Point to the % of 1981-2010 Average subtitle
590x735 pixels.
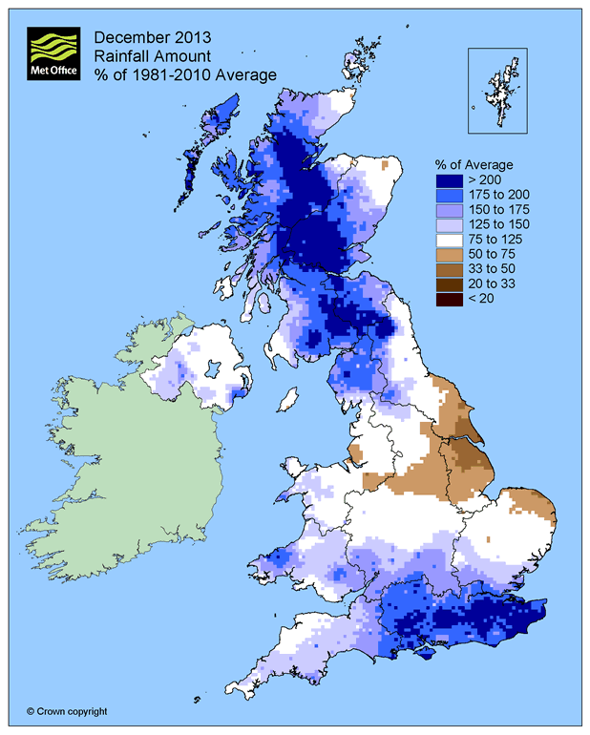click(x=184, y=74)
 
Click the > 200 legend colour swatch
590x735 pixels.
click(x=449, y=178)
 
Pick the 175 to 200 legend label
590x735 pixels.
click(x=495, y=194)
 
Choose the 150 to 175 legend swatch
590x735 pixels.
click(x=449, y=209)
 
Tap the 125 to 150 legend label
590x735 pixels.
click(x=495, y=224)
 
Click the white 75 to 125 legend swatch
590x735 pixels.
click(x=449, y=240)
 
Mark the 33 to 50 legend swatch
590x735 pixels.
click(x=449, y=270)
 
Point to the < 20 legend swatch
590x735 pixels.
click(x=449, y=301)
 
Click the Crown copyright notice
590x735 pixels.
click(x=67, y=711)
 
